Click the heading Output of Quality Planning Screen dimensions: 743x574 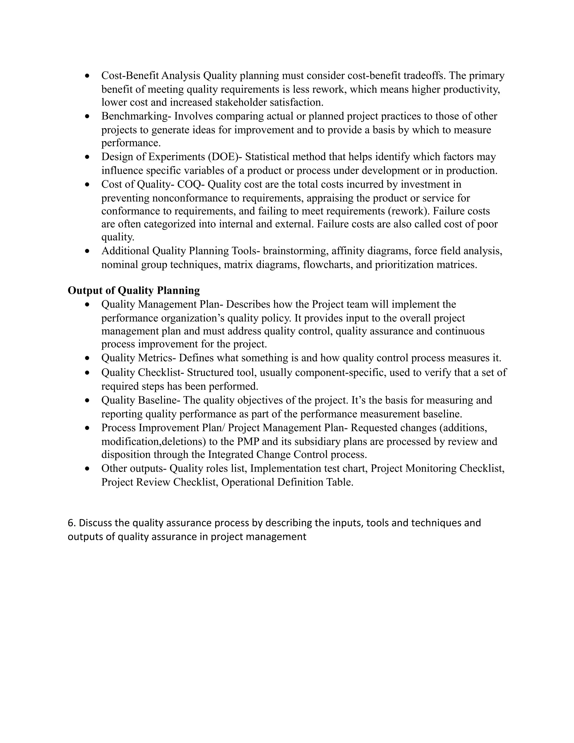point(134,290)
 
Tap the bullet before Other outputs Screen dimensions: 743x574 point(88,469)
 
